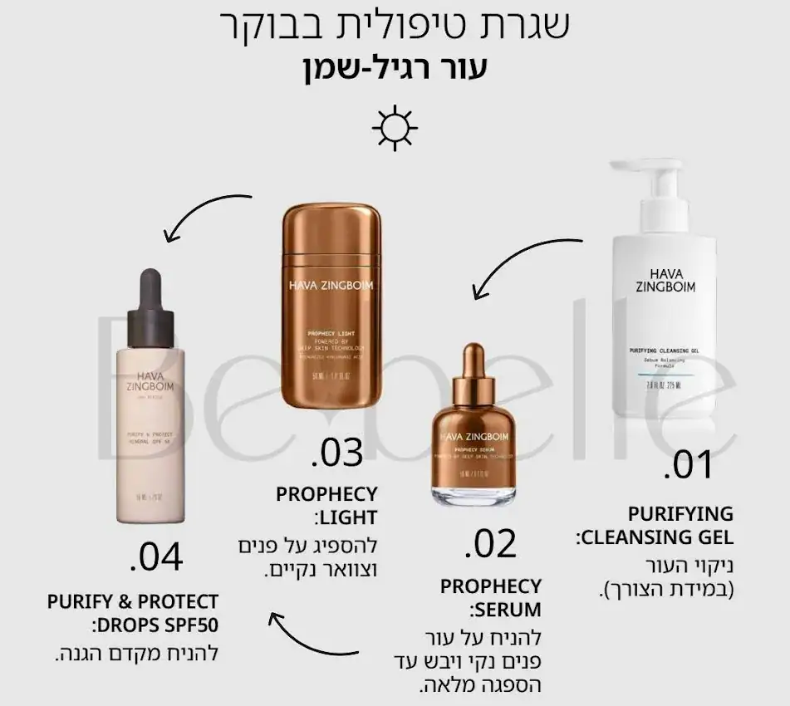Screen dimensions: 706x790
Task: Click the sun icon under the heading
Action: point(395,128)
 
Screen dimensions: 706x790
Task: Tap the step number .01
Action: point(688,465)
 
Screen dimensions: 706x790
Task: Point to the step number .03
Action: point(337,453)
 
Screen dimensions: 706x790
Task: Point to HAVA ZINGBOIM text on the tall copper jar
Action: point(331,286)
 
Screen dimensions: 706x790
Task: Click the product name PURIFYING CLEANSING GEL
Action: point(656,525)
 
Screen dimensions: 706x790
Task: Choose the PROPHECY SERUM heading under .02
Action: point(490,598)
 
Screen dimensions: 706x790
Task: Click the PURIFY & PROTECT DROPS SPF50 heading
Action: point(133,612)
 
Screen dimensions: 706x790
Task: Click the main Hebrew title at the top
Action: point(395,26)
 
